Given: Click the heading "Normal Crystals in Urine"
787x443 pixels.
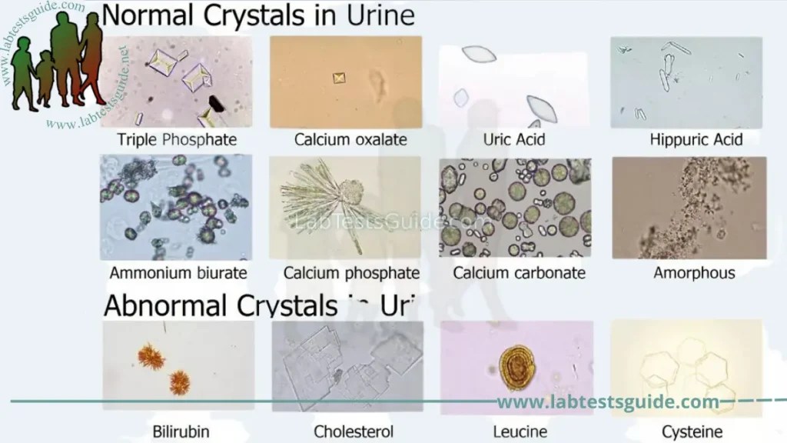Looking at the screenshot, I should coord(258,16).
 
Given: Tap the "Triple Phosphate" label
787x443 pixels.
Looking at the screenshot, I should coord(177,140).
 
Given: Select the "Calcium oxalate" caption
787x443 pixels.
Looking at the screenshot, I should coord(350,140).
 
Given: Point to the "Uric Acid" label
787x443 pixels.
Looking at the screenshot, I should coord(514,140).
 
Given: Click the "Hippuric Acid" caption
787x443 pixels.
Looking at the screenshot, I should coord(696,140).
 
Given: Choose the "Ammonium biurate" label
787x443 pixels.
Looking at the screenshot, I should coord(178,273).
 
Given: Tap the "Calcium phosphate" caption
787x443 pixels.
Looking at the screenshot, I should coord(351,273).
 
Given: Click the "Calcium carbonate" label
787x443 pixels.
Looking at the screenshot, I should coord(520,273).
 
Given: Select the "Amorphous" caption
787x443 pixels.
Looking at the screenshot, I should coord(694,273).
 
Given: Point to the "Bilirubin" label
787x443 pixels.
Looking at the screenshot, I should coord(179,431).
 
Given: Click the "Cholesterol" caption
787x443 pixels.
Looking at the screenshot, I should coord(354,431).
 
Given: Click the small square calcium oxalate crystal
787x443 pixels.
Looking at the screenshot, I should coord(339,78).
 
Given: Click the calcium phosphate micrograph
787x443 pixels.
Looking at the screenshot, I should coord(345,207).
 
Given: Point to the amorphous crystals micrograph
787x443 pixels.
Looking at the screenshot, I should coord(689,207).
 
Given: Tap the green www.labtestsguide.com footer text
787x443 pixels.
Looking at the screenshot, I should coord(608,401).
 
